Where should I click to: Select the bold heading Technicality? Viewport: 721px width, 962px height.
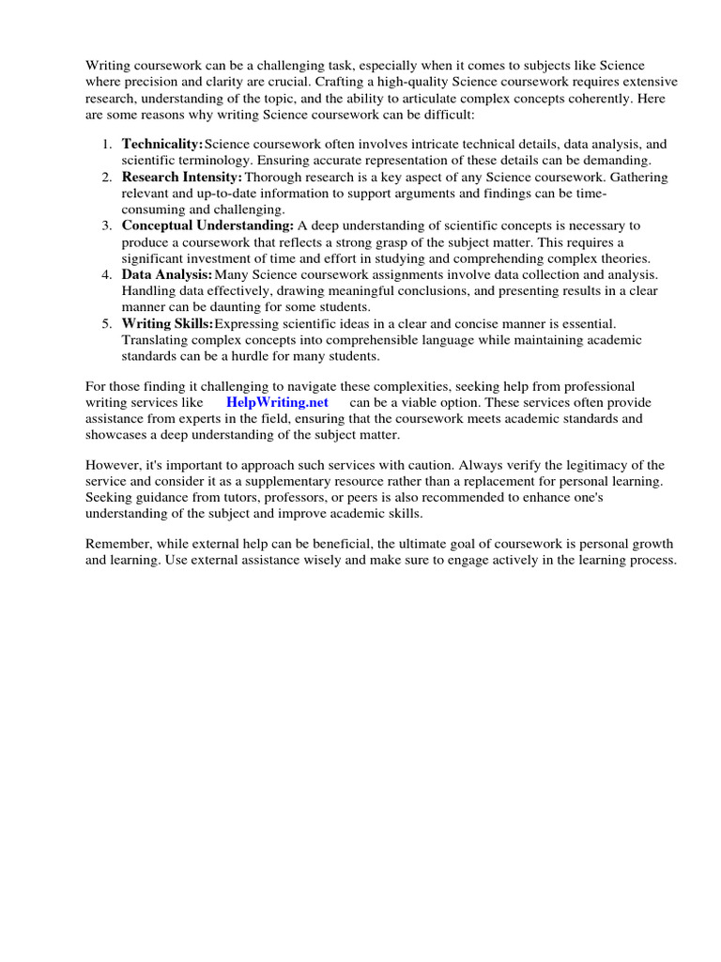pyautogui.click(x=162, y=144)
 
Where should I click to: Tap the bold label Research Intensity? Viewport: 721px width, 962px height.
pyautogui.click(x=182, y=177)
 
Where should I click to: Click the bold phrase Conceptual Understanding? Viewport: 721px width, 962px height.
pyautogui.click(x=207, y=225)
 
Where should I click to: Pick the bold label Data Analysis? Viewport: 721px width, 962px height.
pyautogui.click(x=167, y=274)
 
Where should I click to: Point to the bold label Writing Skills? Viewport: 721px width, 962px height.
pyautogui.click(x=167, y=323)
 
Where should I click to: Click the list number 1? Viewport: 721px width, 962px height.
pyautogui.click(x=105, y=144)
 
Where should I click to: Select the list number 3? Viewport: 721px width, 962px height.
pyautogui.click(x=105, y=225)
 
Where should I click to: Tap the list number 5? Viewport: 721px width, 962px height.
pyautogui.click(x=105, y=323)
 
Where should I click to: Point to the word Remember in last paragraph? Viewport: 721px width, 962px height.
pyautogui.click(x=118, y=544)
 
